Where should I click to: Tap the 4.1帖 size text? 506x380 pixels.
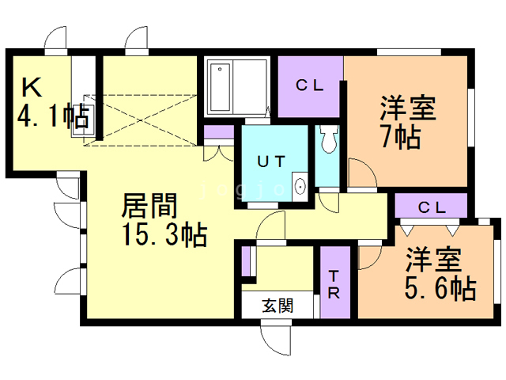[x=52, y=117]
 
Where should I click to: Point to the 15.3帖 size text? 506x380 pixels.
[x=164, y=235]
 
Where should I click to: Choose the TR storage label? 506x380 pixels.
[x=334, y=284]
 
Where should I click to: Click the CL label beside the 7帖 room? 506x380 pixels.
[x=310, y=86]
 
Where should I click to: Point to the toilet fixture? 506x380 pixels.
[x=327, y=140]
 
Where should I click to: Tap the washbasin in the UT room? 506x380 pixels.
[x=300, y=187]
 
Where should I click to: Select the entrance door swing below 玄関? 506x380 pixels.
[x=277, y=340]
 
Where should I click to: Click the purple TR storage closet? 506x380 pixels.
[x=334, y=283]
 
